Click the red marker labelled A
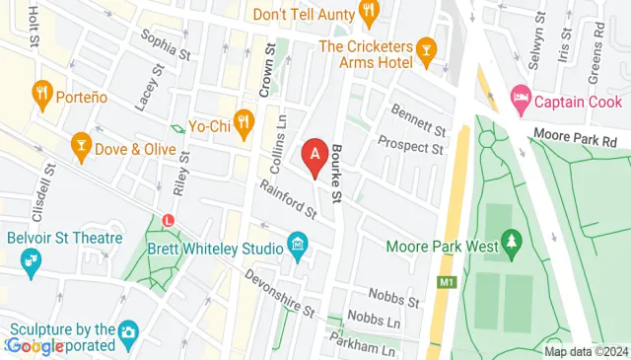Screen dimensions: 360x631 tap(315, 156)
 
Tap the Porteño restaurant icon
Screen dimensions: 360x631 tap(41, 94)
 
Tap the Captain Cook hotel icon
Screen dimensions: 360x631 tap(521, 100)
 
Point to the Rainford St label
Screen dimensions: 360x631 tap(288, 198)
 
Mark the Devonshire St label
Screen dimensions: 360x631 tap(279, 293)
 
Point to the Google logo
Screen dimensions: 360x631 tap(35, 345)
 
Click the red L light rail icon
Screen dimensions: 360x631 tap(170, 220)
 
